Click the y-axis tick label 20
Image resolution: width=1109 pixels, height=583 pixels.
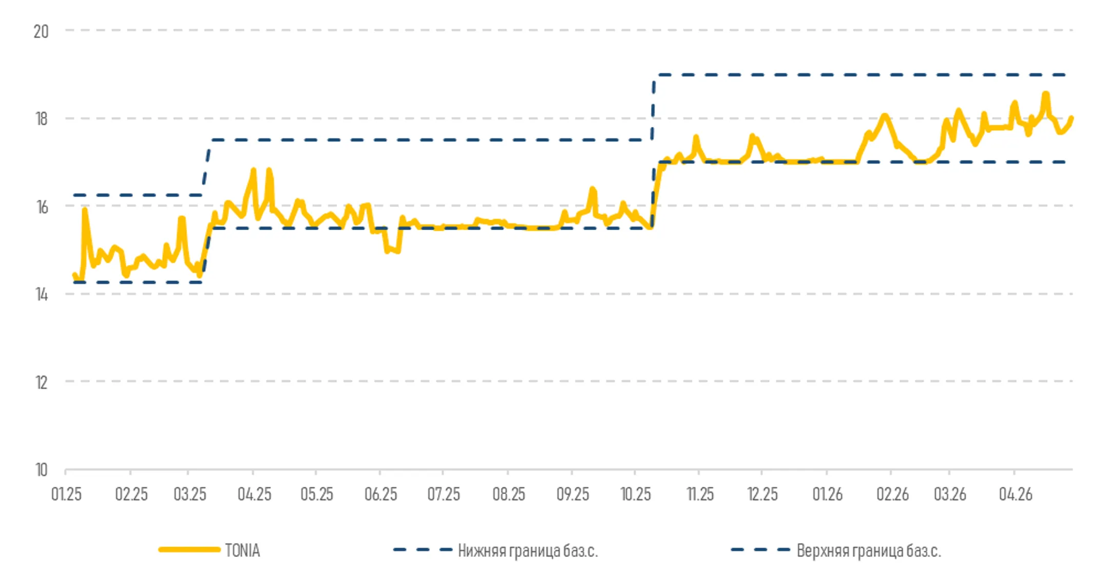tap(41, 32)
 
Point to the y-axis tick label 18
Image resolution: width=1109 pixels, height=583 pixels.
tap(41, 119)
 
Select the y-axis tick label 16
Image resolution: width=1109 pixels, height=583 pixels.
tap(41, 207)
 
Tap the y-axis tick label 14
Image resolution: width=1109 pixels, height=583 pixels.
tap(41, 294)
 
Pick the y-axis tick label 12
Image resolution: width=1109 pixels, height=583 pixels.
tap(41, 382)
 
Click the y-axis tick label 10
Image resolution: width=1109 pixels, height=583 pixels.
tap(41, 470)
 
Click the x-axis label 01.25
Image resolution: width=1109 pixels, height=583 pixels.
tap(66, 494)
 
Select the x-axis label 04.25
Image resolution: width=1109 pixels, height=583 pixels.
tap(254, 494)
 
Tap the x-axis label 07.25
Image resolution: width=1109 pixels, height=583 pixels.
tap(444, 494)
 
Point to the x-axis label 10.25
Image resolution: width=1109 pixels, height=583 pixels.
tap(636, 494)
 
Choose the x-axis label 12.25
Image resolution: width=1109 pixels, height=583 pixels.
tap(762, 494)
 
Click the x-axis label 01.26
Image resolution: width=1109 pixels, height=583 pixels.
tap(828, 494)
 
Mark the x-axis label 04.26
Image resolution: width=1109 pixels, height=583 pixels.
tap(1015, 494)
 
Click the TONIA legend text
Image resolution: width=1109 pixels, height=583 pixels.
tap(242, 550)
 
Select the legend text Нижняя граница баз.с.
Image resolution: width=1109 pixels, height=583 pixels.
tap(528, 550)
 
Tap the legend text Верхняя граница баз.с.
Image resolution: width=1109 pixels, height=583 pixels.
tap(869, 550)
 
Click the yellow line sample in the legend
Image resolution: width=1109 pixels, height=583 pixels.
tap(189, 550)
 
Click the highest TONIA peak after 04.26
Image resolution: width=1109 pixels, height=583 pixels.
tap(1046, 94)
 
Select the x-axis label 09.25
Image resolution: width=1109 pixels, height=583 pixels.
tap(572, 494)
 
